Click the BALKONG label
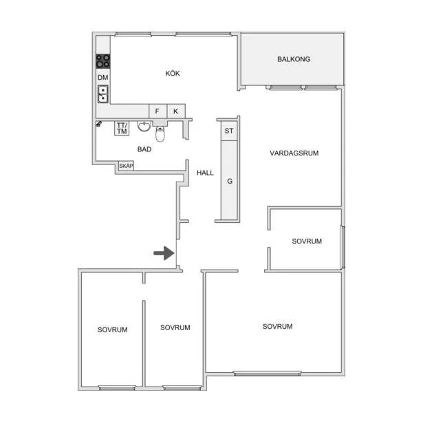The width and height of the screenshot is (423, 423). click(294, 59)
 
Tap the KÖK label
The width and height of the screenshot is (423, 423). click(173, 73)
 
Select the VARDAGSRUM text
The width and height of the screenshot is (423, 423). click(294, 153)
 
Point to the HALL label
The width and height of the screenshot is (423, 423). click(205, 173)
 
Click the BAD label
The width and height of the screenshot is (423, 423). click(144, 149)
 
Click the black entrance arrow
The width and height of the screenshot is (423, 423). click(164, 253)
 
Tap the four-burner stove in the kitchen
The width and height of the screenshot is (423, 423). click(103, 61)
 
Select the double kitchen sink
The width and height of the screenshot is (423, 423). click(102, 94)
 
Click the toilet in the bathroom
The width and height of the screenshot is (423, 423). click(160, 133)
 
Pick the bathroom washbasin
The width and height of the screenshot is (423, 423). click(144, 126)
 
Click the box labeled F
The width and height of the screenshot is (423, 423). click(158, 111)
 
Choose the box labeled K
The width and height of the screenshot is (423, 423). click(176, 111)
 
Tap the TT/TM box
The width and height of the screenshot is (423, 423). click(122, 128)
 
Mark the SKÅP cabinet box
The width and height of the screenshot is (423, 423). click(126, 166)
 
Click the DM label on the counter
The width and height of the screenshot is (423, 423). click(102, 78)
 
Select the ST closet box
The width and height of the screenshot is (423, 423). click(229, 131)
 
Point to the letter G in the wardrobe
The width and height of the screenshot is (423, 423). click(230, 181)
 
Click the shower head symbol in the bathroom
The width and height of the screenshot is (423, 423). click(99, 124)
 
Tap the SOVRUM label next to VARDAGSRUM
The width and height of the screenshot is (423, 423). click(307, 241)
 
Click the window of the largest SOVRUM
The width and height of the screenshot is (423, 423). click(267, 373)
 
